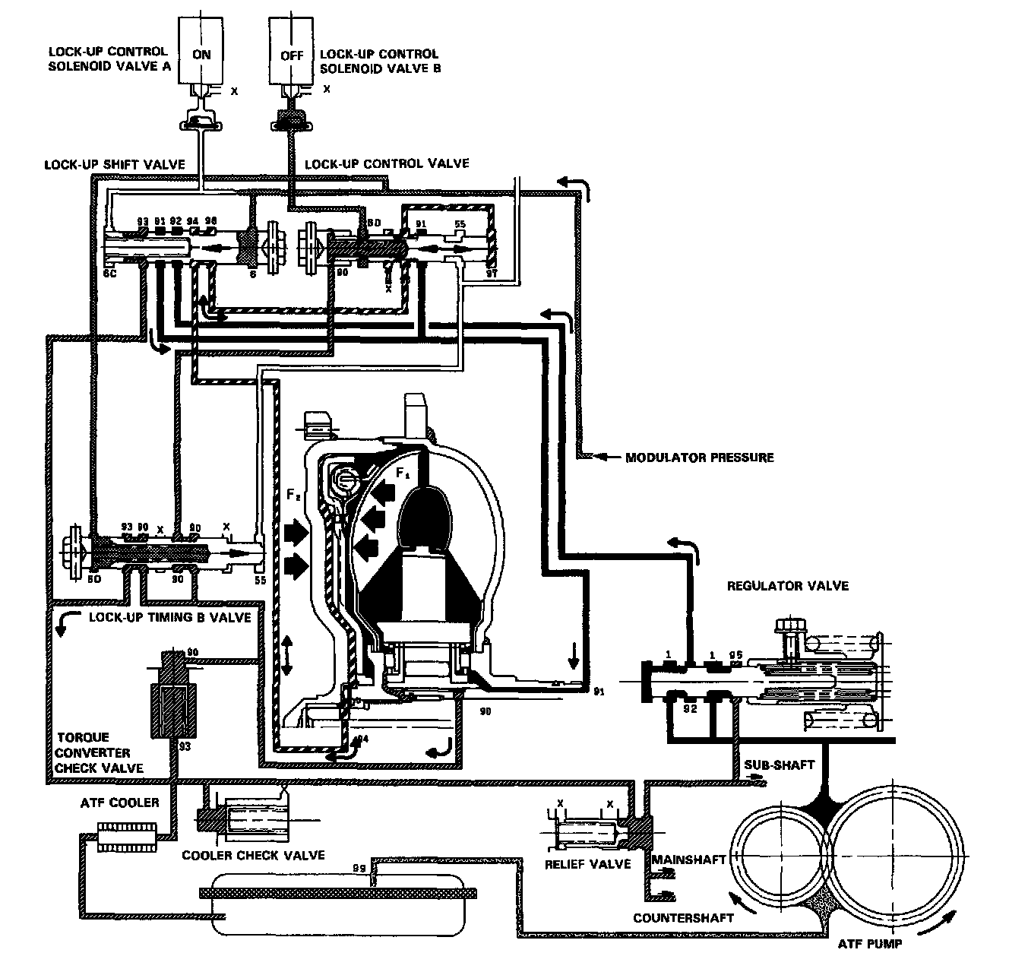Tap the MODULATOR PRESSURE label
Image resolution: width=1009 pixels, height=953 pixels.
(699, 458)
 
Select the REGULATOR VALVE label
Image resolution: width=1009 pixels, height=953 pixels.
(788, 586)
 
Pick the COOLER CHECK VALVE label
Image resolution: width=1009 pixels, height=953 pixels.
(253, 855)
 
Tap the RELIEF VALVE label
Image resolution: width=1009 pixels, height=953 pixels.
(588, 864)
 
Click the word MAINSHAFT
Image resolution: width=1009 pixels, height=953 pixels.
(688, 860)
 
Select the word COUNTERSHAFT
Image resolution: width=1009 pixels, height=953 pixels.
(683, 917)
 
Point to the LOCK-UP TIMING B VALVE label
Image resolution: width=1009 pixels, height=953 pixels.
(169, 617)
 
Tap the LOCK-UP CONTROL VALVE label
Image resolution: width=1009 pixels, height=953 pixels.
(387, 163)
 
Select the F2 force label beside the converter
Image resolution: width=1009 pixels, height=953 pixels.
(294, 495)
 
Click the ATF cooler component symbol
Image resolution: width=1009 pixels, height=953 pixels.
(127, 837)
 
